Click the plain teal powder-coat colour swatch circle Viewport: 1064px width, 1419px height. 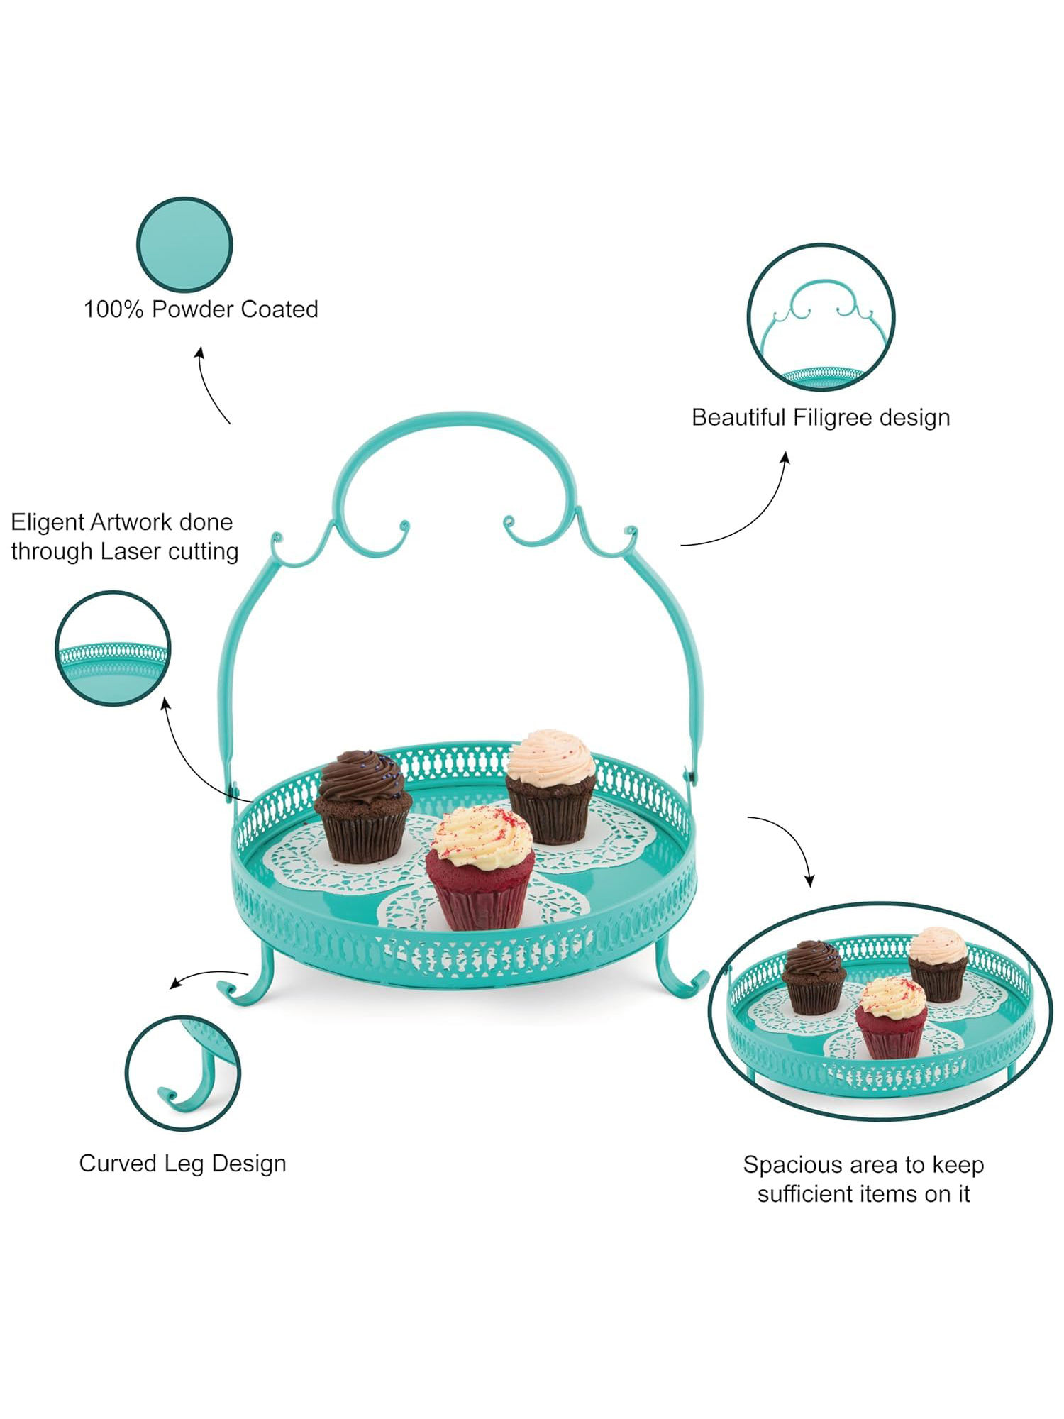click(x=184, y=244)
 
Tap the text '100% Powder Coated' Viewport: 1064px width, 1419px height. click(x=201, y=309)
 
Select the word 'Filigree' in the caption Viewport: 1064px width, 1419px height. click(x=833, y=417)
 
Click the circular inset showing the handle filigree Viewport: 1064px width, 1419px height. click(x=821, y=317)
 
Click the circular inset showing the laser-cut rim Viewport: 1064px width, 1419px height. click(x=113, y=648)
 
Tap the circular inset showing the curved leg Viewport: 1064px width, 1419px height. click(x=183, y=1073)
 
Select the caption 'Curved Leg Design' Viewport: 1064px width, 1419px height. click(x=182, y=1164)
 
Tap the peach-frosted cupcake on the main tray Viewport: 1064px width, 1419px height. click(x=552, y=787)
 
